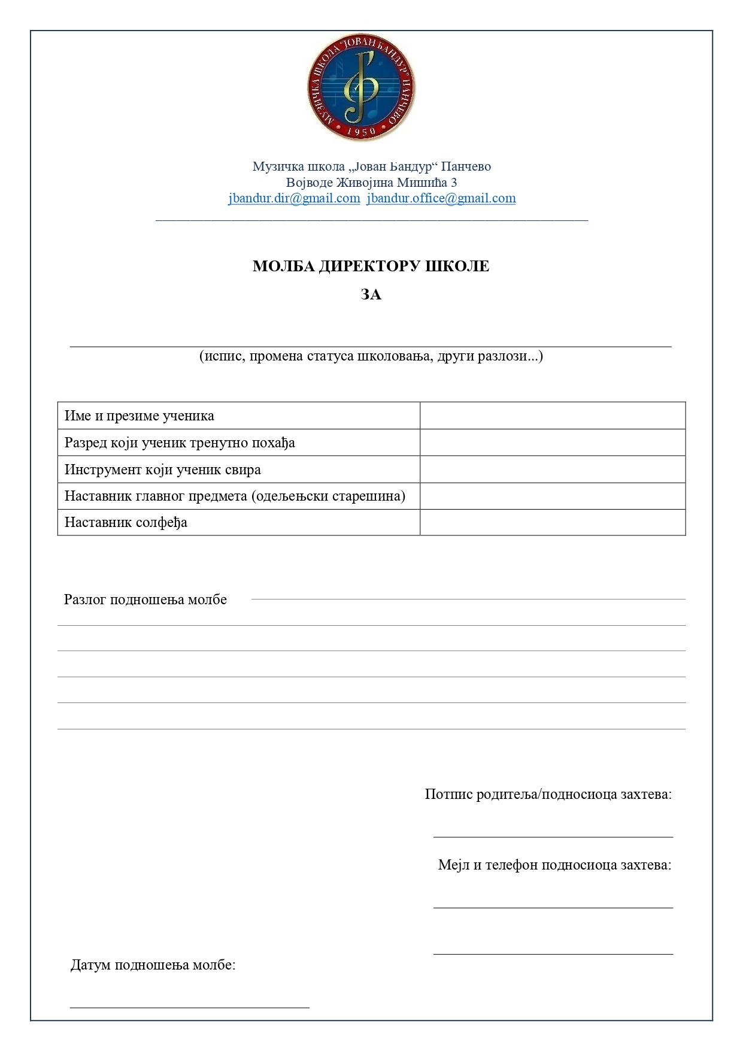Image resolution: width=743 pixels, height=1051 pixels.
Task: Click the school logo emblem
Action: coord(361,87)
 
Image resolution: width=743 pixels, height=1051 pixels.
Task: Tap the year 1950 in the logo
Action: coord(361,131)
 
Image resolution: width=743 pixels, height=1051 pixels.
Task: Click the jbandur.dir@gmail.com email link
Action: coord(294,198)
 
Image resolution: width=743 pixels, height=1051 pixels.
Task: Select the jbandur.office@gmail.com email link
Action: coord(441,198)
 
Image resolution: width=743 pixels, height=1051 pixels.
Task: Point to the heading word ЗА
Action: coord(371,295)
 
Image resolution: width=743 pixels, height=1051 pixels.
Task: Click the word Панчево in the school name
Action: coord(466,166)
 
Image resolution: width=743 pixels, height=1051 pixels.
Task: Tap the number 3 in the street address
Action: coord(454,182)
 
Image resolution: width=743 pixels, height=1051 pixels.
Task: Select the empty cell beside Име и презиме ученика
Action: coord(552,416)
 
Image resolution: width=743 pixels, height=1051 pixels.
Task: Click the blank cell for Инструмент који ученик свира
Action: coord(552,469)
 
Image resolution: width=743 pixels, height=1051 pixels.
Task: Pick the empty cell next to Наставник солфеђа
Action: coord(552,522)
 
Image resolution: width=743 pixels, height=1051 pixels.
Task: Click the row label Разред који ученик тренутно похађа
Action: coord(180,443)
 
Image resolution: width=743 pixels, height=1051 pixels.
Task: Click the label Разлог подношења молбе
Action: coord(145,599)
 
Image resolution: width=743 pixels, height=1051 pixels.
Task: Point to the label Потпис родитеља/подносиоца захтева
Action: coord(548,794)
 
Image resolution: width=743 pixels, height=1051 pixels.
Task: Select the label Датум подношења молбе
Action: coord(153,965)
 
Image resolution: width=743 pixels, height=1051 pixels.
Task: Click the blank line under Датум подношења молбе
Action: coord(189,1007)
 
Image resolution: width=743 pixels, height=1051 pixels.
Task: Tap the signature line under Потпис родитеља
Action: coord(553,836)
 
